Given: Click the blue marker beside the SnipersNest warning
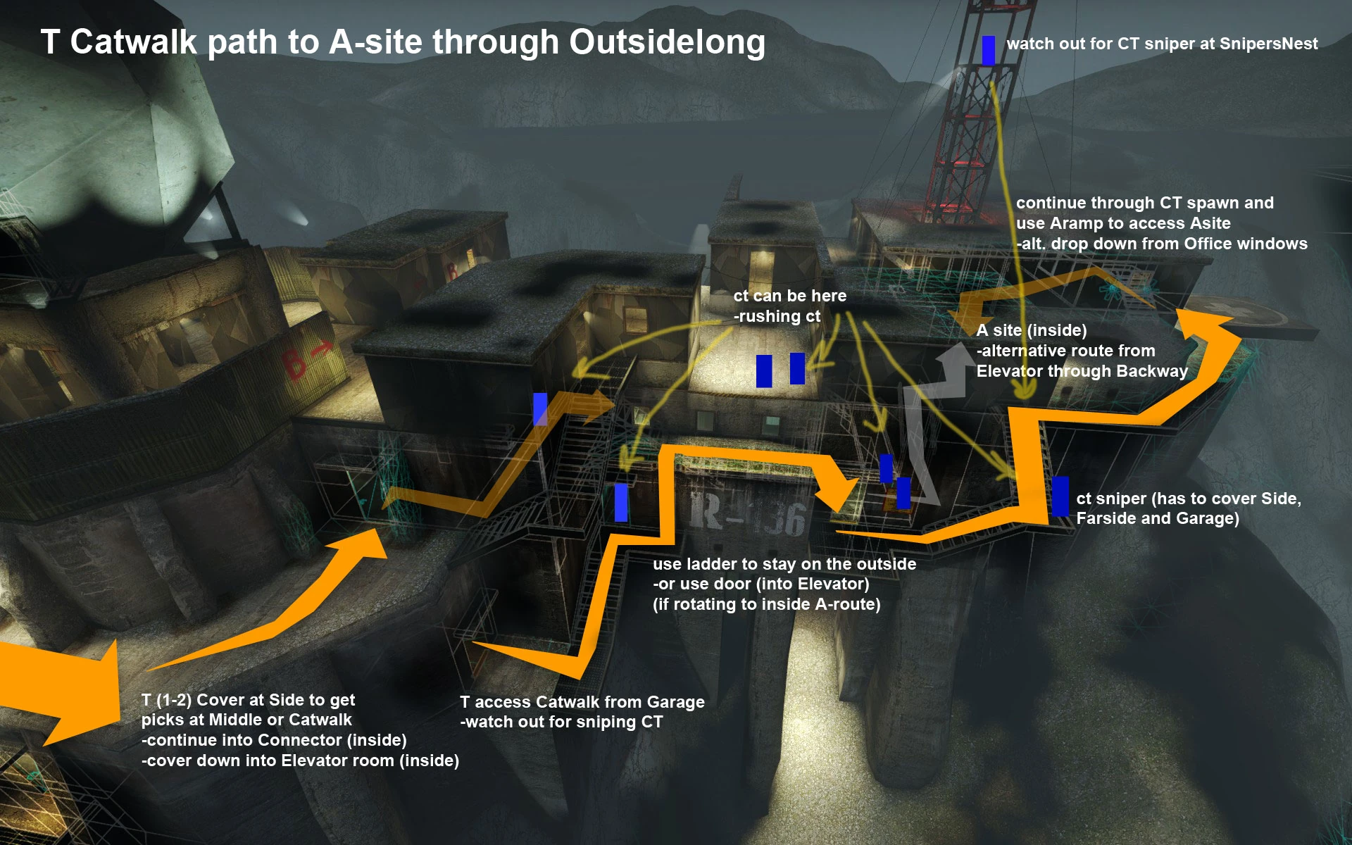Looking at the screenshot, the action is [988, 50].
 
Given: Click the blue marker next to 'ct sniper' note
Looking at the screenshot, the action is [1059, 496].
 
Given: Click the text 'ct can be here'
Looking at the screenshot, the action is [789, 296].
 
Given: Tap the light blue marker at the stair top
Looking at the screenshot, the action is [540, 408].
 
